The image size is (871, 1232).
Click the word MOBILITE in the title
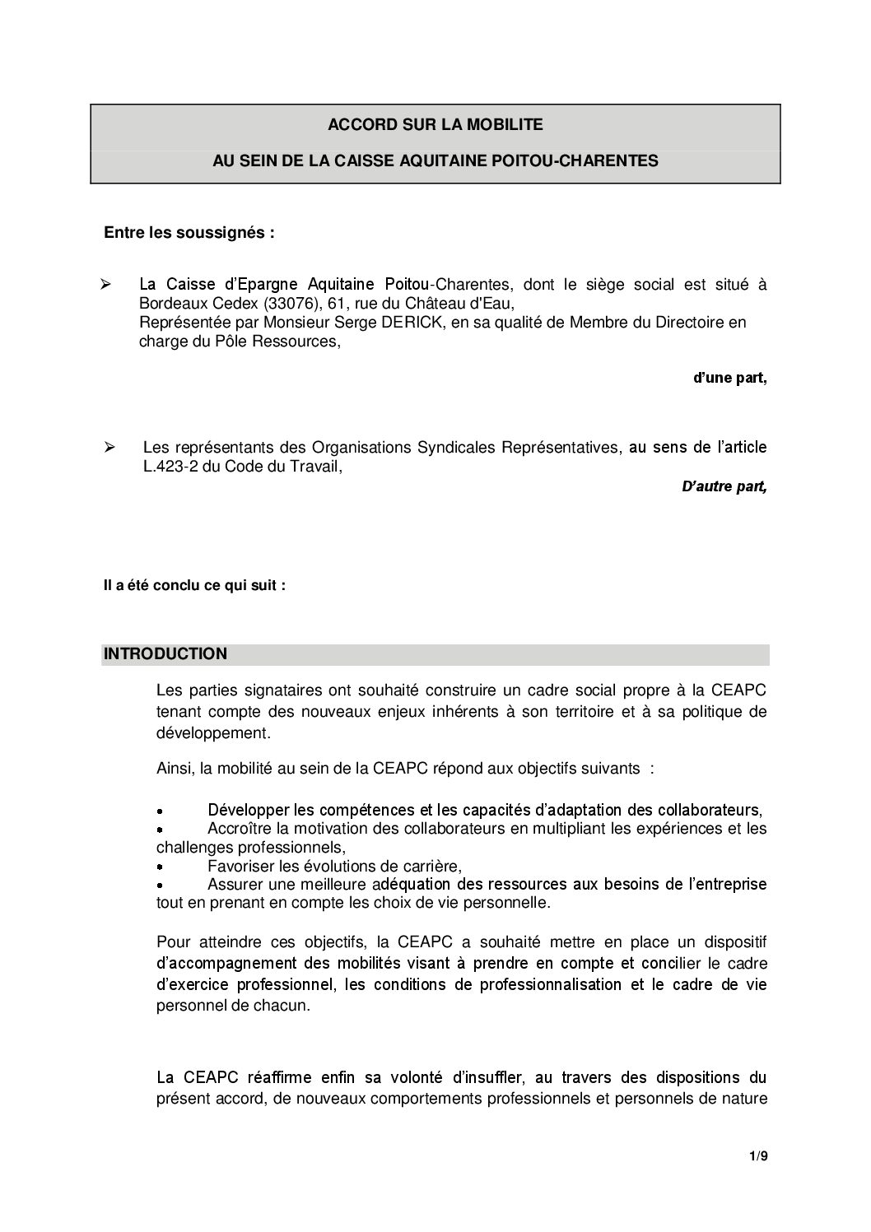(505, 125)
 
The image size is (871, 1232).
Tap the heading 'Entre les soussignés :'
(189, 233)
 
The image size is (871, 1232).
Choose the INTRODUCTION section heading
(165, 654)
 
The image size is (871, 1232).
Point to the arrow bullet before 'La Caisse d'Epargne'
(105, 285)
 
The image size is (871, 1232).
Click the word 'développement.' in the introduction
(212, 732)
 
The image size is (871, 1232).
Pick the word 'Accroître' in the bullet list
(237, 829)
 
